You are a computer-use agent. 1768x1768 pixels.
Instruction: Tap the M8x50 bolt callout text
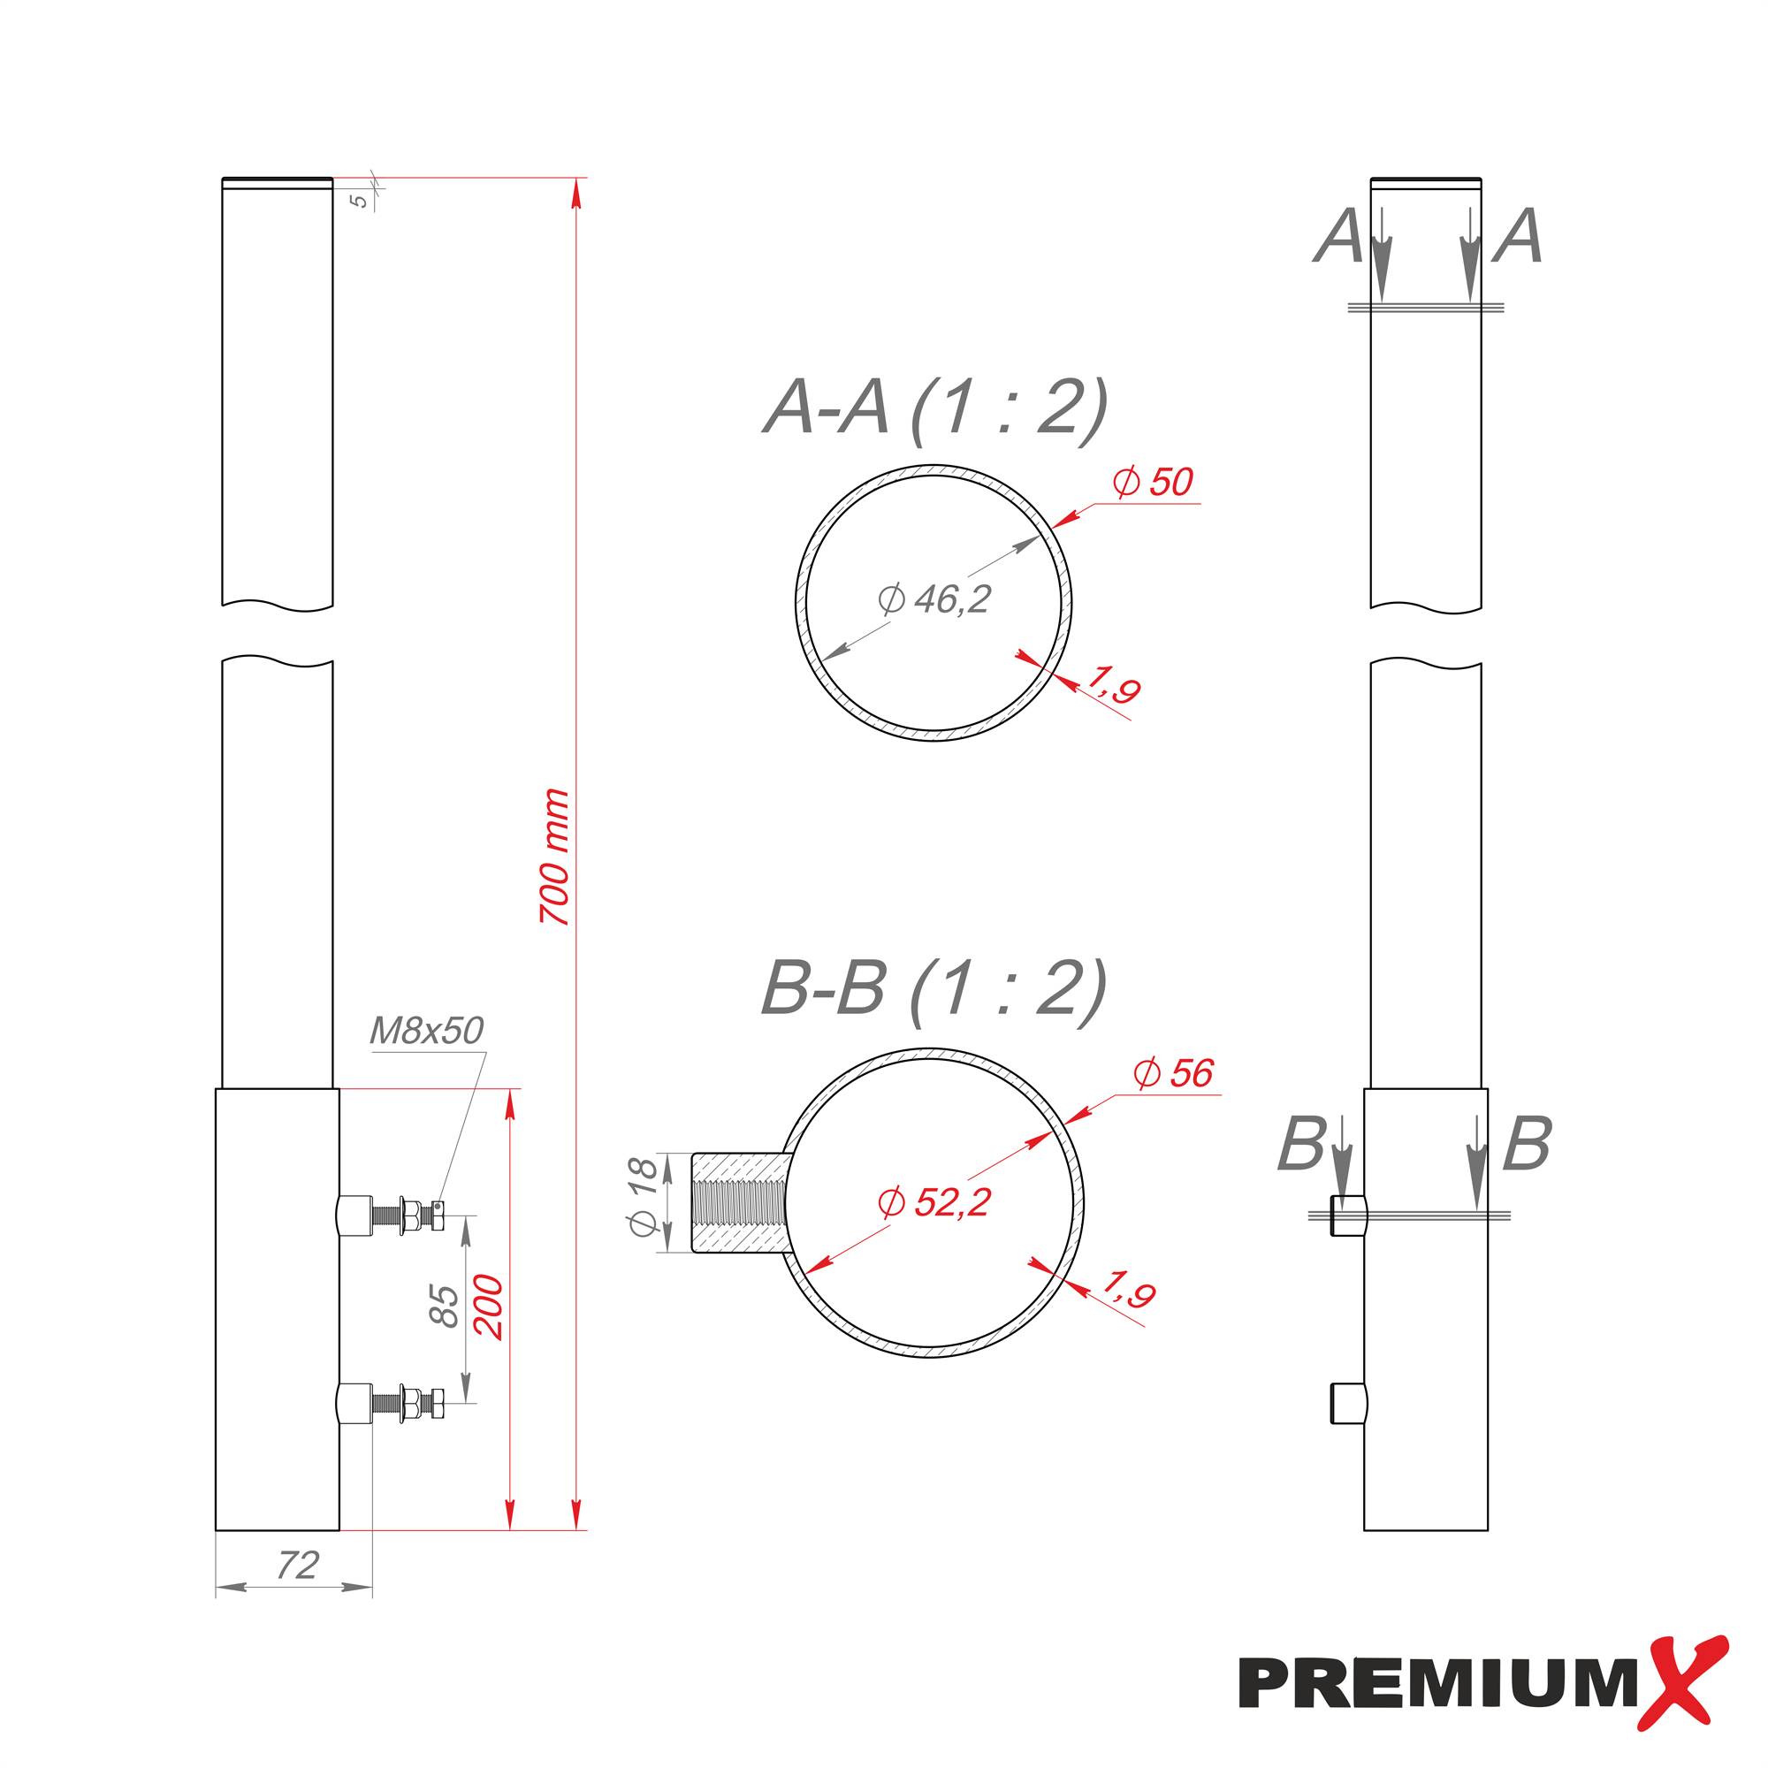coord(425,1032)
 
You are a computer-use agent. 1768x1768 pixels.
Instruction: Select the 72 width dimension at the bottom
coord(297,1566)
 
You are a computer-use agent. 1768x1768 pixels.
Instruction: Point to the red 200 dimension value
coord(491,1307)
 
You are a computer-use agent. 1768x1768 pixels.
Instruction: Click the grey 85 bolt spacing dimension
coord(444,1306)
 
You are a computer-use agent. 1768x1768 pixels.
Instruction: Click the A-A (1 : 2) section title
coord(935,408)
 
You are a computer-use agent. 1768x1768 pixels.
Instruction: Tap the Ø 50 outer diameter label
coord(1153,483)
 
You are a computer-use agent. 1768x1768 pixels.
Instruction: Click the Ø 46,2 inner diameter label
coord(934,599)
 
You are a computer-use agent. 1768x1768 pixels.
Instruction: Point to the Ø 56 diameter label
coord(1173,1073)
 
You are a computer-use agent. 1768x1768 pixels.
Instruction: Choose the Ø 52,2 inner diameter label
coord(934,1202)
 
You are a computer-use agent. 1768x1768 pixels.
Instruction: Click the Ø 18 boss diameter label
coord(644,1197)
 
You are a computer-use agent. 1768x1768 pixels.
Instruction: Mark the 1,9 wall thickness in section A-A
coord(1113,684)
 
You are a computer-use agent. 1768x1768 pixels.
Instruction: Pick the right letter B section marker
coord(1527,1144)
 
